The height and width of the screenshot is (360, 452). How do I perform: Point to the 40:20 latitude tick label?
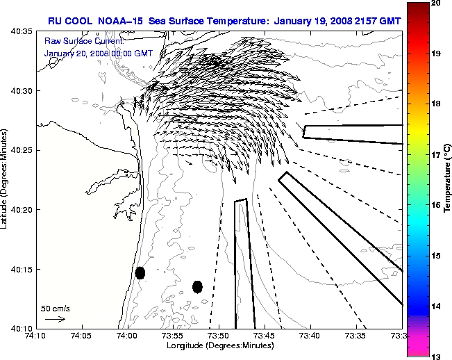20,210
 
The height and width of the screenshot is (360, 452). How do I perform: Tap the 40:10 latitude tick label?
20,328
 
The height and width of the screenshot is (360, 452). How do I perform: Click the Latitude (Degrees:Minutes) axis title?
6,179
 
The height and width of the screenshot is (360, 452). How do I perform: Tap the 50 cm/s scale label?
55,308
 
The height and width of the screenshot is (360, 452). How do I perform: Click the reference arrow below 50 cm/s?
55,319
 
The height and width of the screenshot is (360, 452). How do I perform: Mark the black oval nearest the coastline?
140,272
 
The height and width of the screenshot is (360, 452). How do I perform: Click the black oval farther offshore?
197,286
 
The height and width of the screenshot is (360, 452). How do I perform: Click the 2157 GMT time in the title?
377,21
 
